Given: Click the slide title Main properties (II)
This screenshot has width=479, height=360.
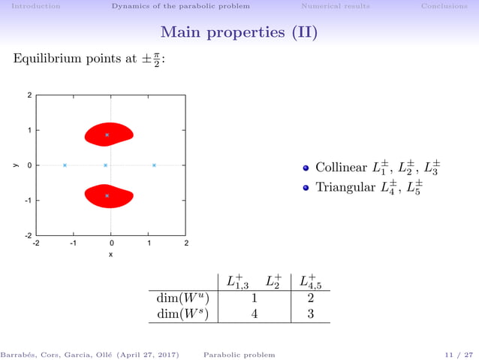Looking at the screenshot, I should pos(239,33).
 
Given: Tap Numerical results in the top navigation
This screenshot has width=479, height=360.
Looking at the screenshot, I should pos(335,6).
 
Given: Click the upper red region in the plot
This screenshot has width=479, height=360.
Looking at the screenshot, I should pos(109,134).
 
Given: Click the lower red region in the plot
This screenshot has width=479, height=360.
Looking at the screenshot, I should pos(109,196).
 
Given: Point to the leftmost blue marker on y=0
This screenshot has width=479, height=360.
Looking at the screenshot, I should pos(65,165).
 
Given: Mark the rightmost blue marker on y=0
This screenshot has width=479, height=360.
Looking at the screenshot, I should pos(154,165).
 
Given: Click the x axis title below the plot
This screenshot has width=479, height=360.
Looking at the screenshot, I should pos(110,255).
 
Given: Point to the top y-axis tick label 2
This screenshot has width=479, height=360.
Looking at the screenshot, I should pos(29,95).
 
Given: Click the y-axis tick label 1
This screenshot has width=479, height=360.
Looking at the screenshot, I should pos(29,131).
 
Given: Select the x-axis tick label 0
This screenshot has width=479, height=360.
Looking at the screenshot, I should pos(111,244).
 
